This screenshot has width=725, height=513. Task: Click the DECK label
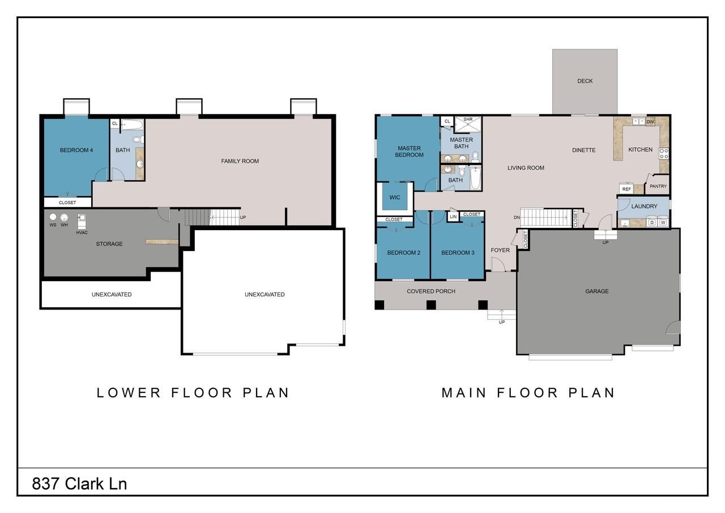[585, 81]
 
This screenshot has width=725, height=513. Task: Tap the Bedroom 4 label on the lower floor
[76, 150]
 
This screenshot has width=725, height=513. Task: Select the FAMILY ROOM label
[240, 162]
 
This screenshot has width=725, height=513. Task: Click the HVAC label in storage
[82, 232]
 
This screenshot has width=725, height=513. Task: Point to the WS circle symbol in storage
[53, 217]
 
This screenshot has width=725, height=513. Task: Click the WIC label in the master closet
[395, 198]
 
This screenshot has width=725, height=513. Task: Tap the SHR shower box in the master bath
[468, 124]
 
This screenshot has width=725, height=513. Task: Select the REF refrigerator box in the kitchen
[626, 189]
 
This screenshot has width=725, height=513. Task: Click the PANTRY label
[658, 186]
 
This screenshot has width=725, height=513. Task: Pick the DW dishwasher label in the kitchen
[650, 122]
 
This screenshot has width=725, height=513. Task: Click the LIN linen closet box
[453, 217]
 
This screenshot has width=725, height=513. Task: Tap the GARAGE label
[597, 291]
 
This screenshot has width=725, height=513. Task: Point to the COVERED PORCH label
[431, 291]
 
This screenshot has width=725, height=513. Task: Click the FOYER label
[500, 251]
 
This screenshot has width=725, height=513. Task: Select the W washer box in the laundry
[663, 223]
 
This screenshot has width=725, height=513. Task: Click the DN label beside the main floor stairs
[517, 218]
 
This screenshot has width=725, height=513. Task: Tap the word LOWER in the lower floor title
[129, 393]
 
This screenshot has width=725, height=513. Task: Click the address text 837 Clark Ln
[79, 484]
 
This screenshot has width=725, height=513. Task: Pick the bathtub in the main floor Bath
[475, 177]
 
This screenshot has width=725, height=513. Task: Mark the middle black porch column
[431, 305]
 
